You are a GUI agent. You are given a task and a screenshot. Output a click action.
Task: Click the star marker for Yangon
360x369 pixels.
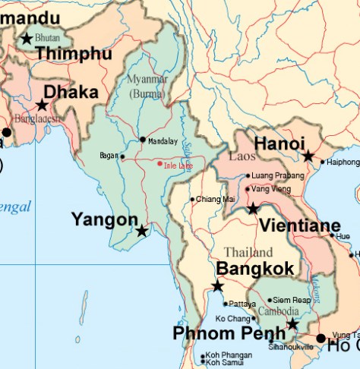(141, 230)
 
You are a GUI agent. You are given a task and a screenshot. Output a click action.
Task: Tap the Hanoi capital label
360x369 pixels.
(279, 143)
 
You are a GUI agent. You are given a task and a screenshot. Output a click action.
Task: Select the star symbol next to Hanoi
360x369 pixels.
(308, 156)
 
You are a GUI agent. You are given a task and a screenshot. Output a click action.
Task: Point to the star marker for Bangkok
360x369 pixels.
(217, 285)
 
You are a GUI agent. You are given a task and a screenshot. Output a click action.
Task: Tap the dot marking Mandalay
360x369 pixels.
(142, 140)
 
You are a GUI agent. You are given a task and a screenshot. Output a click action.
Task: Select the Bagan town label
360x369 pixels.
(109, 156)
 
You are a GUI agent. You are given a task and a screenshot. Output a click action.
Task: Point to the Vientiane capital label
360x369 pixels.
(299, 225)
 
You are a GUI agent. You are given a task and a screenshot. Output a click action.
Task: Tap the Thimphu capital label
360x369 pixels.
(74, 54)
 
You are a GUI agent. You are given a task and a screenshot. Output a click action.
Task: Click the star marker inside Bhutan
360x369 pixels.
(27, 38)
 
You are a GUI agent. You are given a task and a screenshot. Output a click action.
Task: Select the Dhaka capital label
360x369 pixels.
(71, 93)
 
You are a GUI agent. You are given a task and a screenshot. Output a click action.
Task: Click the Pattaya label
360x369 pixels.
(242, 304)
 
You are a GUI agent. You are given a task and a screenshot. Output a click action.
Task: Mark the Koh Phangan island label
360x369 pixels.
(226, 355)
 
